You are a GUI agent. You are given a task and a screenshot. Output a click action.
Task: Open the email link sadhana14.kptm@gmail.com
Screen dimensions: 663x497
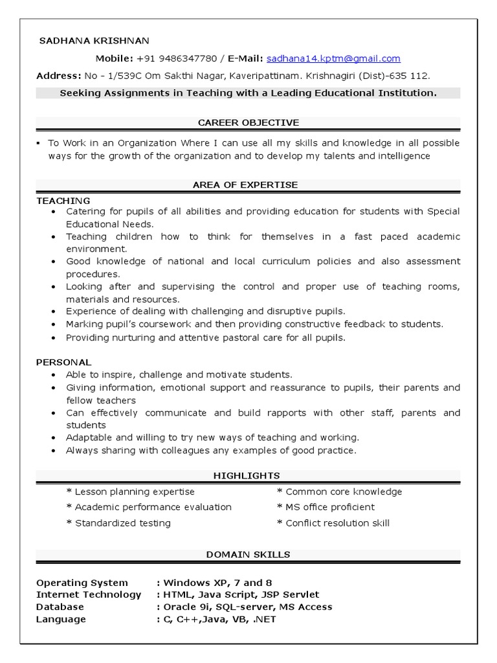click(x=334, y=58)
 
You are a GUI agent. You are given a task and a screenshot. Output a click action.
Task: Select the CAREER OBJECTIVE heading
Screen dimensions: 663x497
click(x=248, y=122)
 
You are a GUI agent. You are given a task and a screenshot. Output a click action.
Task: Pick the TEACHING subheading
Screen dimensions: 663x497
click(x=63, y=201)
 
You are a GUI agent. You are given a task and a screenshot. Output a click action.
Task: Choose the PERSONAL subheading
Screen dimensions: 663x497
click(x=64, y=362)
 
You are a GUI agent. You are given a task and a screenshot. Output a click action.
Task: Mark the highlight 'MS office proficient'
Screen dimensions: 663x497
click(x=326, y=507)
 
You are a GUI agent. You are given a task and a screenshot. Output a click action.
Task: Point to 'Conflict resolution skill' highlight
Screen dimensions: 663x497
click(x=333, y=523)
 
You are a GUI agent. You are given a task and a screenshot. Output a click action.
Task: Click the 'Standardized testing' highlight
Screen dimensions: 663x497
click(x=118, y=523)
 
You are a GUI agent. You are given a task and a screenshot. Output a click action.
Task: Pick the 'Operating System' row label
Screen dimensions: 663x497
click(x=82, y=583)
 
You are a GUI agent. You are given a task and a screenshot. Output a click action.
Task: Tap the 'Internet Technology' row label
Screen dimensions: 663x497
click(x=89, y=595)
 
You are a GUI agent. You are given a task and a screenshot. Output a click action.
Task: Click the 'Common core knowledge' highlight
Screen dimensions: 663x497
click(x=339, y=491)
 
